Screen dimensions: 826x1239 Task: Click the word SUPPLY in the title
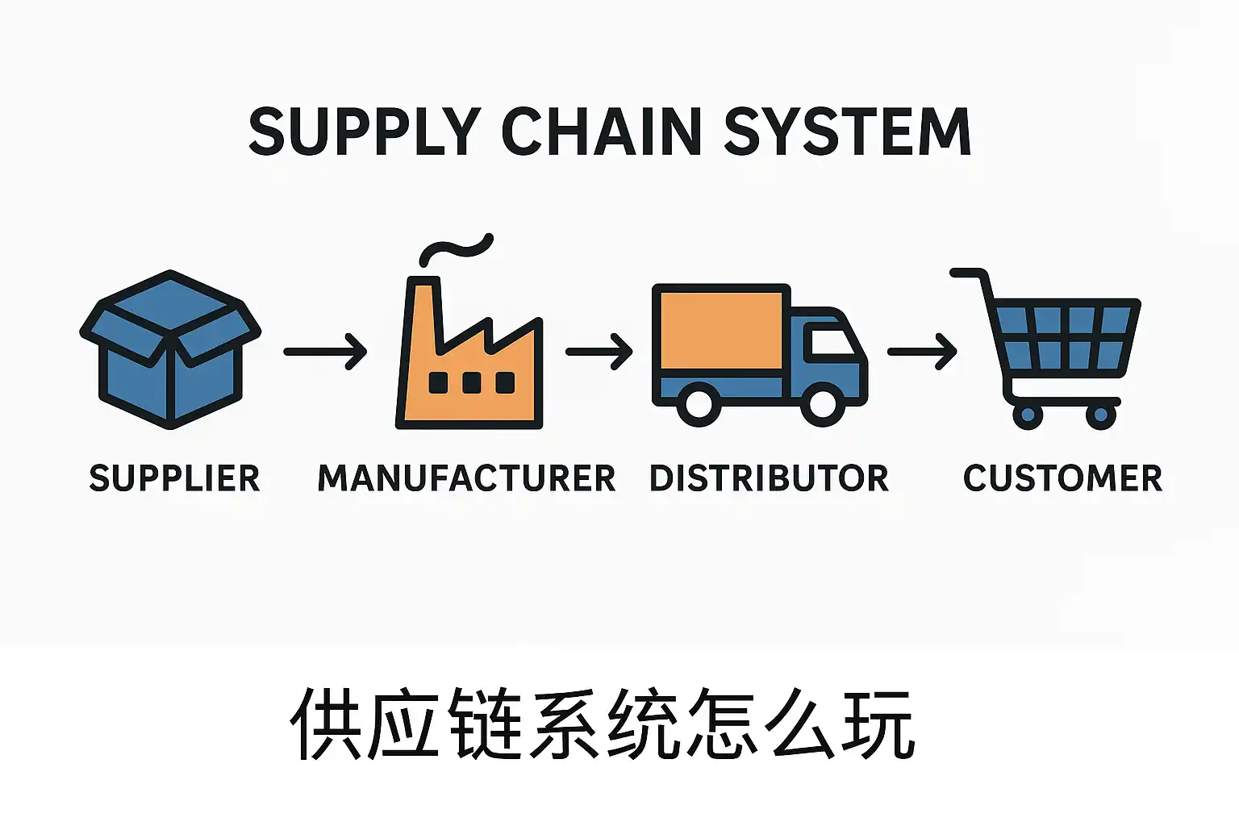coord(365,131)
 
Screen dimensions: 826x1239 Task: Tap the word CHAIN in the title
coord(601,131)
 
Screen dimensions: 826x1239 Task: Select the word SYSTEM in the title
coord(847,131)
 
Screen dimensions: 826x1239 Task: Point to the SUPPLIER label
coord(174,478)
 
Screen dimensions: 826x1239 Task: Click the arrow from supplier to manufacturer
coord(326,352)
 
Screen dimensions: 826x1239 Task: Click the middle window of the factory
coord(472,382)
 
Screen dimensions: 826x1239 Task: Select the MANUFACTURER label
coord(466,478)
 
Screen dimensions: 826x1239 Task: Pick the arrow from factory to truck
coord(599,352)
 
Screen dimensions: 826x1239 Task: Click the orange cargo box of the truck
coord(721,331)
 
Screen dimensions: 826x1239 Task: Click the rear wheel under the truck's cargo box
coord(699,404)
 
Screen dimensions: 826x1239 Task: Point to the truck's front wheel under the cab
coord(822,404)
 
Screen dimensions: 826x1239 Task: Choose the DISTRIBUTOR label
coord(769,478)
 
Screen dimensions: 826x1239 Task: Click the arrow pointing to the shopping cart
coord(922,352)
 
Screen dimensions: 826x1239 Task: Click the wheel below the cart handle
coord(1028,415)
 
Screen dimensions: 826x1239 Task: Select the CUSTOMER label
coord(1062,478)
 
